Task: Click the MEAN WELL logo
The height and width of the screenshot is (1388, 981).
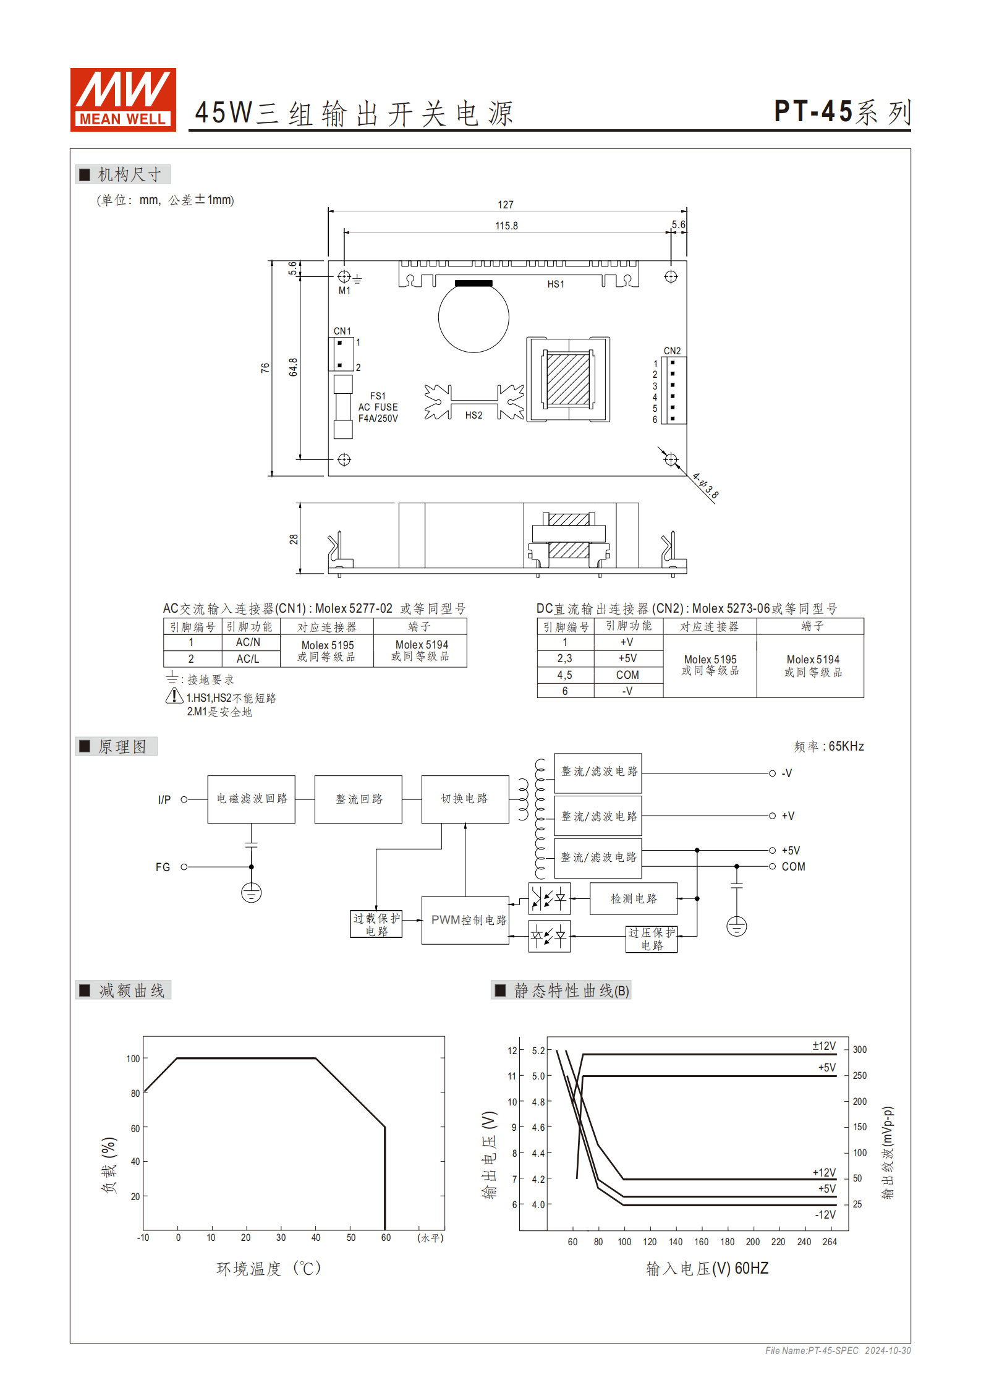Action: pyautogui.click(x=123, y=100)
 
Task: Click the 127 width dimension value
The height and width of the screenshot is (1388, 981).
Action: pyautogui.click(x=505, y=205)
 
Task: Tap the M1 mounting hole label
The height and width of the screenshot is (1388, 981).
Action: pyautogui.click(x=344, y=291)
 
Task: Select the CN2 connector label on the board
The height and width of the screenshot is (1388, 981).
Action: pyautogui.click(x=672, y=351)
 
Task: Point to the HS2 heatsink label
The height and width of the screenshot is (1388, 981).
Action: pyautogui.click(x=474, y=415)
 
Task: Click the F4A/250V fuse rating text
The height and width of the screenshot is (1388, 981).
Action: pyautogui.click(x=378, y=419)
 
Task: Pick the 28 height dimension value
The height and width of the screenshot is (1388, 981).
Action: pyautogui.click(x=294, y=539)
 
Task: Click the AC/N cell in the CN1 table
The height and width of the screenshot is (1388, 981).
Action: pyautogui.click(x=248, y=642)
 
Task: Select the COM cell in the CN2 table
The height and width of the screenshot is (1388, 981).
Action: pyautogui.click(x=627, y=675)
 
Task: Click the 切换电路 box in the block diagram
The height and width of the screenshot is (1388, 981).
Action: pyautogui.click(x=465, y=799)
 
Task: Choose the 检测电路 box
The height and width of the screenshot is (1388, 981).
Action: pyautogui.click(x=634, y=898)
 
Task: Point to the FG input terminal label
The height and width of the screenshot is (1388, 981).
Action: pyautogui.click(x=163, y=867)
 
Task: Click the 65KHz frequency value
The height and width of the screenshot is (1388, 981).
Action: pyautogui.click(x=846, y=746)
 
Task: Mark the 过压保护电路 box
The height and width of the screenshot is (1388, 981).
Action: pyautogui.click(x=652, y=939)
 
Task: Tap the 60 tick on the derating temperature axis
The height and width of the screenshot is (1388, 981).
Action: pyautogui.click(x=386, y=1238)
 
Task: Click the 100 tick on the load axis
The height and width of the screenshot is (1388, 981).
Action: pyautogui.click(x=133, y=1059)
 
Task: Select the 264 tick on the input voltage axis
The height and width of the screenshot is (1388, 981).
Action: pyautogui.click(x=830, y=1242)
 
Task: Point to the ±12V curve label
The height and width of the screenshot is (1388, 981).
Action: pyautogui.click(x=823, y=1045)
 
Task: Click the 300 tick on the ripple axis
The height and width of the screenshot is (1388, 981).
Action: pyautogui.click(x=859, y=1050)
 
